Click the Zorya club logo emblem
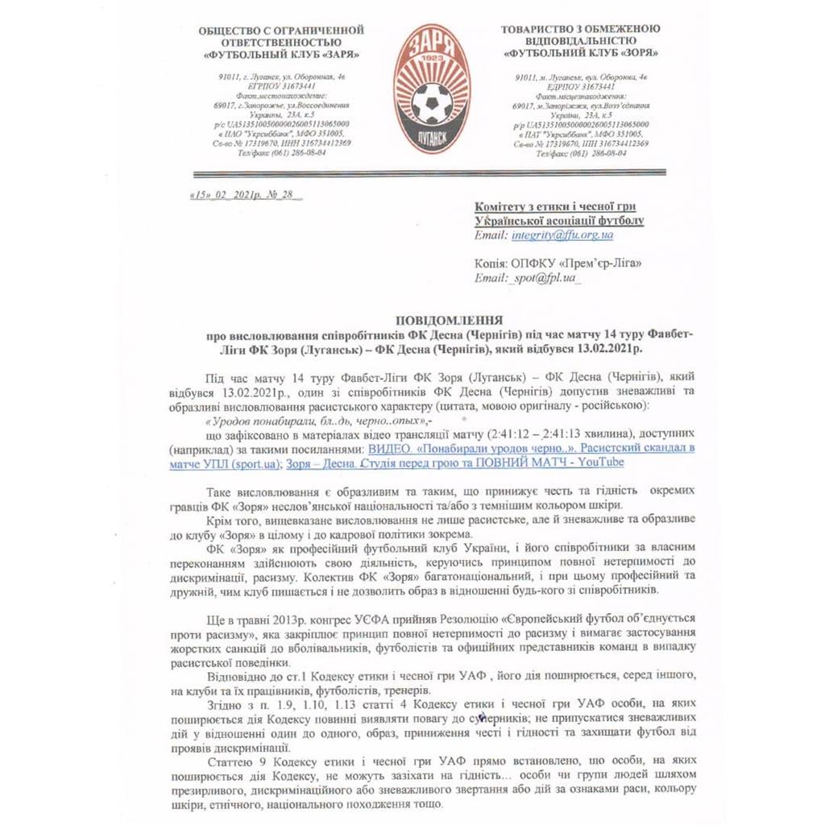coord(431,88)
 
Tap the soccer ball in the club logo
coord(432,102)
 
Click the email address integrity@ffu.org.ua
coord(562,235)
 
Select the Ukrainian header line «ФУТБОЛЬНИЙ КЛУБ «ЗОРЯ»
coord(580,53)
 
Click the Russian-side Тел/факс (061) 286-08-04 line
coord(281,152)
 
